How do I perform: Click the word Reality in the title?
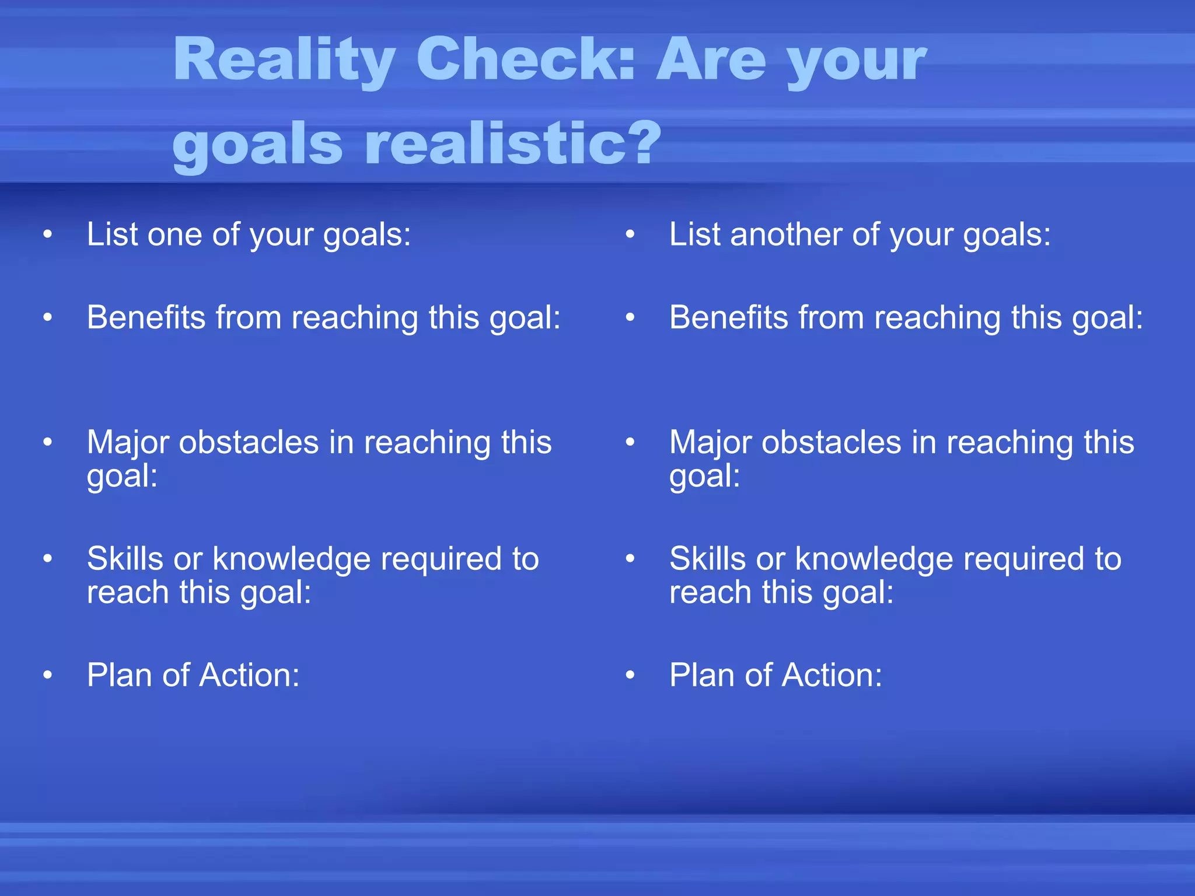click(284, 60)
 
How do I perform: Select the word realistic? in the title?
click(513, 143)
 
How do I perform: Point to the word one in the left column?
click(174, 235)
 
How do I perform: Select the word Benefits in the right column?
click(729, 318)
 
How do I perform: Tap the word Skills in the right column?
click(707, 559)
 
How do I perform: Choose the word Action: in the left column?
click(249, 675)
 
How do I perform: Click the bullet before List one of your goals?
click(48, 235)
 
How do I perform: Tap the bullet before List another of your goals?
click(630, 235)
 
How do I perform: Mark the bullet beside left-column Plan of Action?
click(48, 675)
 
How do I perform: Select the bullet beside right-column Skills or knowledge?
click(630, 559)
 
